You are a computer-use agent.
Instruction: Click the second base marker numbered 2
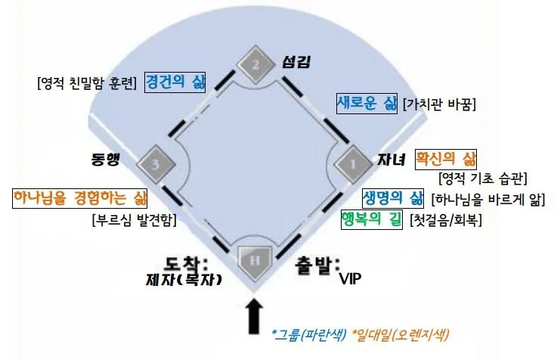(255, 66)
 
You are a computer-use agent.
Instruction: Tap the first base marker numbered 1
(351, 162)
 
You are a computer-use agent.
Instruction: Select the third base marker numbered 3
(154, 161)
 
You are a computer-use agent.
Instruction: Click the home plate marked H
(255, 260)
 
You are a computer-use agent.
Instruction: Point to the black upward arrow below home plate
(255, 316)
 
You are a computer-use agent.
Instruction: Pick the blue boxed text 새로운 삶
(367, 103)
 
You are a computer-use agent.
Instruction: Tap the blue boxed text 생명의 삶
(392, 199)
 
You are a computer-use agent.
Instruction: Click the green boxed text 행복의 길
(373, 220)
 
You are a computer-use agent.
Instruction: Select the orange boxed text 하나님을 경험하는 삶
(79, 198)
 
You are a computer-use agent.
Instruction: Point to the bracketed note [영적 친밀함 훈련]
(86, 82)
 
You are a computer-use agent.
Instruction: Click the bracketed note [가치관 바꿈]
(439, 104)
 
